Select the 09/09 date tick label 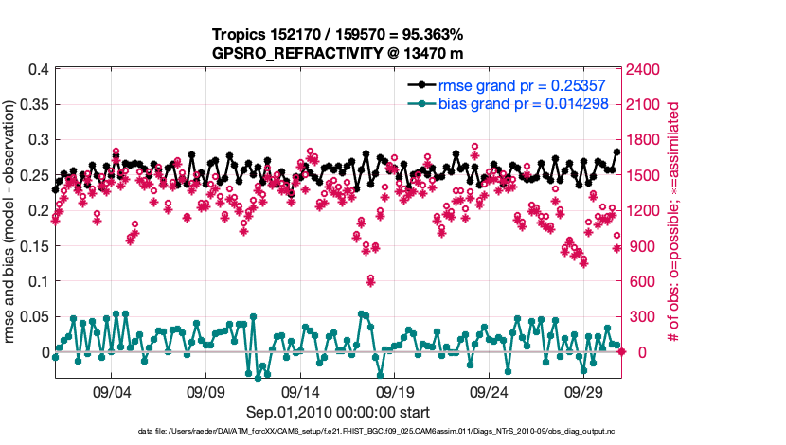[x=205, y=391]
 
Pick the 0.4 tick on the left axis [x=39, y=69]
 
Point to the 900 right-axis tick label [x=644, y=246]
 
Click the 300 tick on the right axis [x=644, y=317]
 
